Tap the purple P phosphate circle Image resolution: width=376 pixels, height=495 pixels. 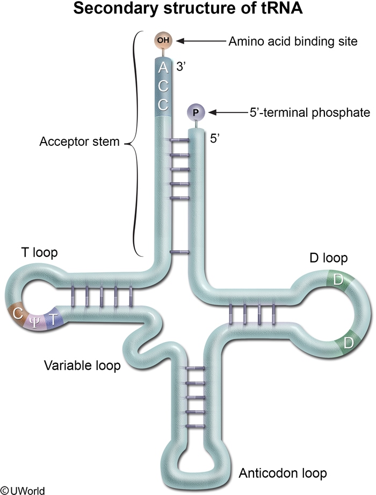coord(196,112)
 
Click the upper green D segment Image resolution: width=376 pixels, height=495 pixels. coord(338,279)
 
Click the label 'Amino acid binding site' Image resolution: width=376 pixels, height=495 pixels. coord(293,41)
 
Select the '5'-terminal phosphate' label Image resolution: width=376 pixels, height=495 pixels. coord(295,113)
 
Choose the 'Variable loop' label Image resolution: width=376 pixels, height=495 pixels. coord(82,366)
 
